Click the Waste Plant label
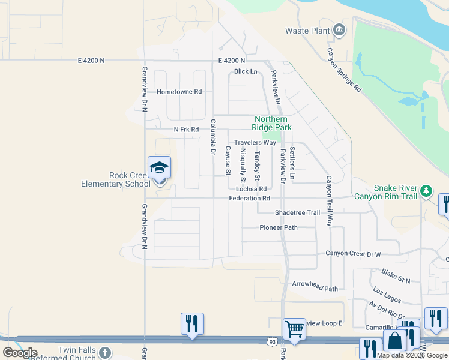click(x=307, y=31)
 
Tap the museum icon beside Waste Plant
click(x=339, y=30)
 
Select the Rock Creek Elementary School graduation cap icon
click(x=160, y=167)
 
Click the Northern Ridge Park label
click(x=273, y=123)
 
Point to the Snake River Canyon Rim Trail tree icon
click(x=426, y=190)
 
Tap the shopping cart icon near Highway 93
click(x=294, y=329)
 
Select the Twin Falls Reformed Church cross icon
click(x=105, y=352)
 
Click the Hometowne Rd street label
click(x=179, y=92)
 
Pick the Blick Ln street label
click(x=246, y=71)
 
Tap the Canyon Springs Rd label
click(x=344, y=70)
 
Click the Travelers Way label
click(x=255, y=142)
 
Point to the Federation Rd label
click(x=249, y=198)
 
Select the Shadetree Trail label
click(x=297, y=212)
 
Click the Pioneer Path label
click(x=278, y=227)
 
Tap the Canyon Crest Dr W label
click(x=354, y=253)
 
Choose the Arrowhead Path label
click(x=315, y=286)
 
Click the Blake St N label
click(x=396, y=276)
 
